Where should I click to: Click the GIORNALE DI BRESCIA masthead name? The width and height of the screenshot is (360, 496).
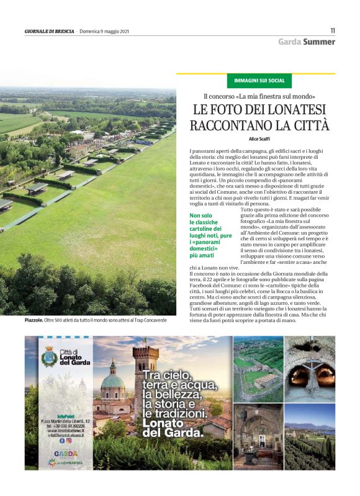tap(50, 31)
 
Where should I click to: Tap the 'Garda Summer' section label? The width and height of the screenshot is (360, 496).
tap(307, 42)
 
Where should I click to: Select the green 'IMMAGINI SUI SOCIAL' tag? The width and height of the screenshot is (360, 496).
tap(259, 81)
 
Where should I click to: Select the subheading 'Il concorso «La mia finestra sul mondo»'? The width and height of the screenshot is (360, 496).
tap(260, 96)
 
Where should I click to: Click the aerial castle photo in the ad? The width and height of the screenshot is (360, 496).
tap(257, 368)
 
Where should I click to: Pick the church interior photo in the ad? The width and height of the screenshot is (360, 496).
tap(257, 436)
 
